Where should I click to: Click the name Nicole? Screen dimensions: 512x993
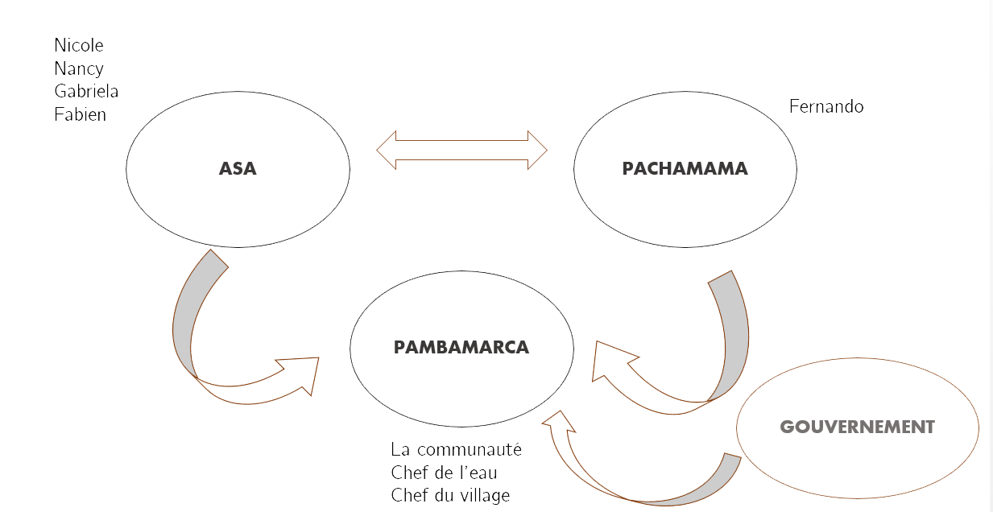click(79, 46)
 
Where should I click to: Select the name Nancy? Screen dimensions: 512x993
click(79, 69)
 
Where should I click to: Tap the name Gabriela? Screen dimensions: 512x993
click(86, 92)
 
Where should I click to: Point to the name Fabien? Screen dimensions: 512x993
click(81, 115)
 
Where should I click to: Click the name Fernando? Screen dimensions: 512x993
click(826, 107)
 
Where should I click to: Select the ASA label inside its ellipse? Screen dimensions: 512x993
click(238, 169)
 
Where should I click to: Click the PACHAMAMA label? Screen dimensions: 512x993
click(685, 169)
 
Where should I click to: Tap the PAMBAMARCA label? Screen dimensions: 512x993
click(461, 348)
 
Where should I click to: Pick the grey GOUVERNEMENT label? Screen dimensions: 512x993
click(857, 427)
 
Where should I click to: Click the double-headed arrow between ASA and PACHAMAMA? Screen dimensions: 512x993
click(461, 150)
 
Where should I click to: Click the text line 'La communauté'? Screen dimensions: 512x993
click(456, 449)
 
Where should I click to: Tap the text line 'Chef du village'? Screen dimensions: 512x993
click(450, 495)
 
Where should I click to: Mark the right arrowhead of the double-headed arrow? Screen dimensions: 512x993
click(537, 150)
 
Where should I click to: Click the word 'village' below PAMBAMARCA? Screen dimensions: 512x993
click(484, 495)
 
